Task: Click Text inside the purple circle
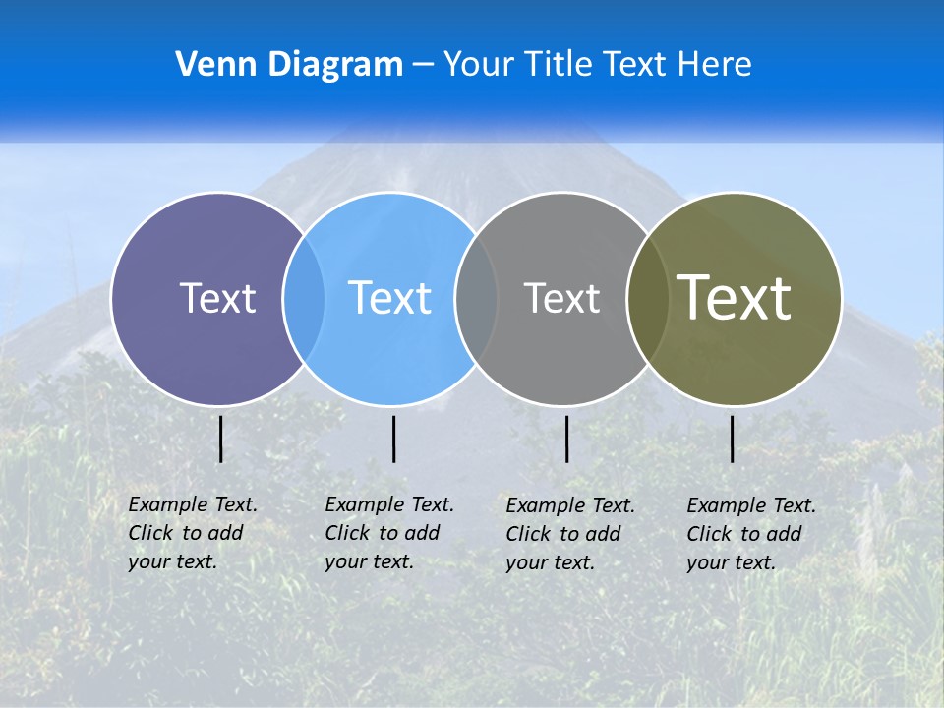[x=217, y=298]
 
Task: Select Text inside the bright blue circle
[x=389, y=298]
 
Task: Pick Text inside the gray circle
[x=561, y=298]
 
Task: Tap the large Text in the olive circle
[x=735, y=298]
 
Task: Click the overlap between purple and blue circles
[x=304, y=298]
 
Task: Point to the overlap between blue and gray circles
[x=476, y=298]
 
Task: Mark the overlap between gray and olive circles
[x=646, y=298]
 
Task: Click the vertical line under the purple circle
[x=220, y=439]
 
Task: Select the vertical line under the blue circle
[x=393, y=439]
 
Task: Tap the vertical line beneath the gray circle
[x=566, y=439]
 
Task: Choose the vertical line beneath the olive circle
[x=732, y=439]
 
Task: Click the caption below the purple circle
[x=193, y=533]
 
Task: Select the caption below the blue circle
[x=389, y=533]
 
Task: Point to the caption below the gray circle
[x=570, y=534]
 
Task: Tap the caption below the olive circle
[x=751, y=534]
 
